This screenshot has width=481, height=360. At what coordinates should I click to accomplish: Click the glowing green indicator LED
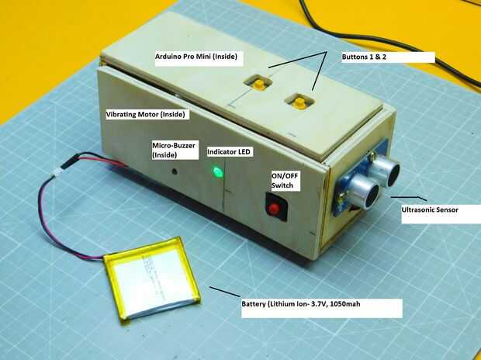(217, 172)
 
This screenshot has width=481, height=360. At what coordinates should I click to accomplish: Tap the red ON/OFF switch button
(274, 209)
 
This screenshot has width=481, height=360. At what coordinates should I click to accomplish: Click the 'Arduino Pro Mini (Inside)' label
(196, 57)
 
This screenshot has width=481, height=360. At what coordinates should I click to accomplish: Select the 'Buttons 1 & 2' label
(364, 57)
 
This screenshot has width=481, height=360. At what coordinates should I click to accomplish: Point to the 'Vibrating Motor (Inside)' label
(146, 115)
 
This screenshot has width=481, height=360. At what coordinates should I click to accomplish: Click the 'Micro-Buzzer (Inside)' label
(174, 150)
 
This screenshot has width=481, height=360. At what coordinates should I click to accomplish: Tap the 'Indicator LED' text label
(229, 151)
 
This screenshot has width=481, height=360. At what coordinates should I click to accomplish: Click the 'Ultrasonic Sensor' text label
(430, 210)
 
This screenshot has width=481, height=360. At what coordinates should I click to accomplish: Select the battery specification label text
(301, 304)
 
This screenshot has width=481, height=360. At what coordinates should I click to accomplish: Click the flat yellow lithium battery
(152, 278)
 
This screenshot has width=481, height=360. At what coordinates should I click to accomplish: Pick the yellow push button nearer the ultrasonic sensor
(299, 102)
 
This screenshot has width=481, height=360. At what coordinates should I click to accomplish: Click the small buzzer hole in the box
(175, 171)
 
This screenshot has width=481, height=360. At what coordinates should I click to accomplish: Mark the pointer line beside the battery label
(225, 292)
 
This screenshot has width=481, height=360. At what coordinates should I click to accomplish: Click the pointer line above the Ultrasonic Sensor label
(409, 198)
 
